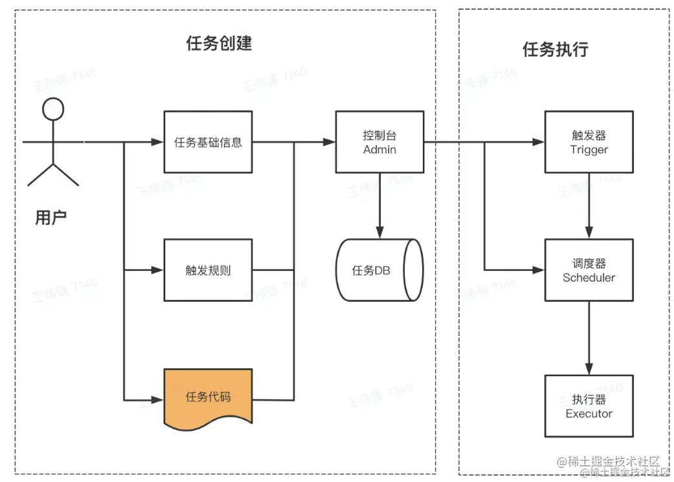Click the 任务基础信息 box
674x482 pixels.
[x=208, y=141]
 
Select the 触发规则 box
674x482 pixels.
[x=208, y=270]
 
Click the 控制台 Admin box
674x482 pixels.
[x=379, y=141]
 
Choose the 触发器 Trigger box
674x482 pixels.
[x=589, y=141]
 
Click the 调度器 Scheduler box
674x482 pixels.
[x=589, y=270]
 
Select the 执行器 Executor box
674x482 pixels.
[x=589, y=406]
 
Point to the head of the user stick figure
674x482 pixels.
[x=53, y=109]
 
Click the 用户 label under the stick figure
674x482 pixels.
[x=51, y=218]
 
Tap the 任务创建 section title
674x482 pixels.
[x=219, y=43]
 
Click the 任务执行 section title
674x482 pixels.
[x=555, y=49]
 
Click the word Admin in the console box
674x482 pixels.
[x=380, y=150]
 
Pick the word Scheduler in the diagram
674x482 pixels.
[x=589, y=278]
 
